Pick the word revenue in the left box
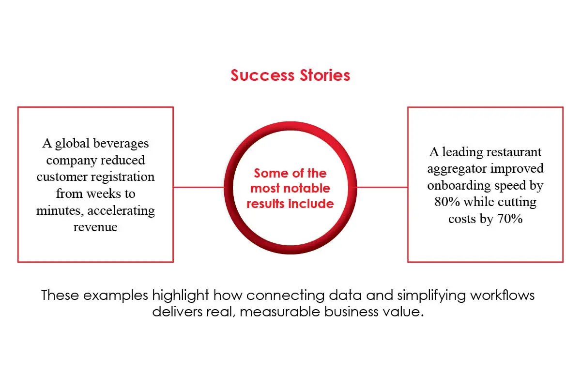point(95,227)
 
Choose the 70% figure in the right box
point(509,219)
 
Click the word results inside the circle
point(265,204)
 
